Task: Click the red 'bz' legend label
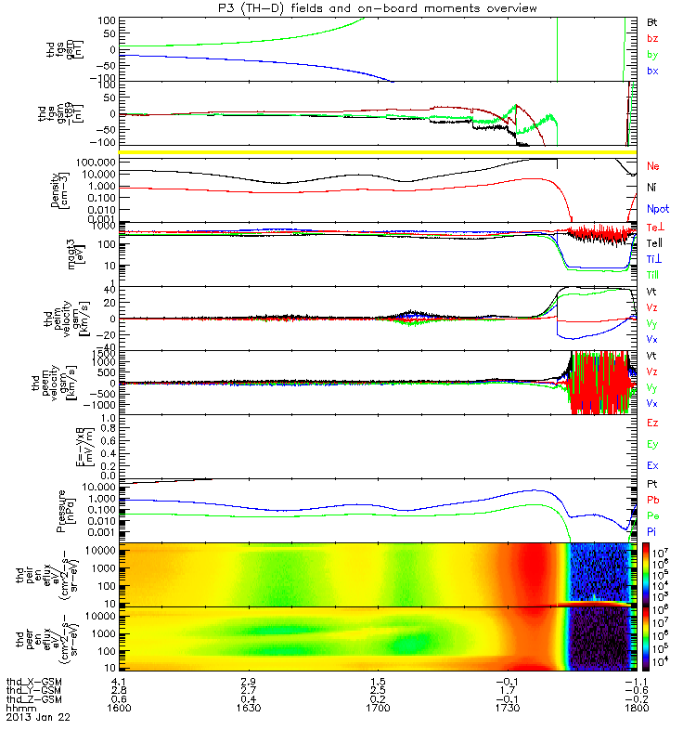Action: (652, 38)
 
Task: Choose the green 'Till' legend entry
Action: (655, 275)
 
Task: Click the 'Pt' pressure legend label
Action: (652, 485)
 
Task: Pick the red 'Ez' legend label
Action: (652, 423)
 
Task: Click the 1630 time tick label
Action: (249, 709)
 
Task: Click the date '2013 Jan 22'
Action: (38, 718)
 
